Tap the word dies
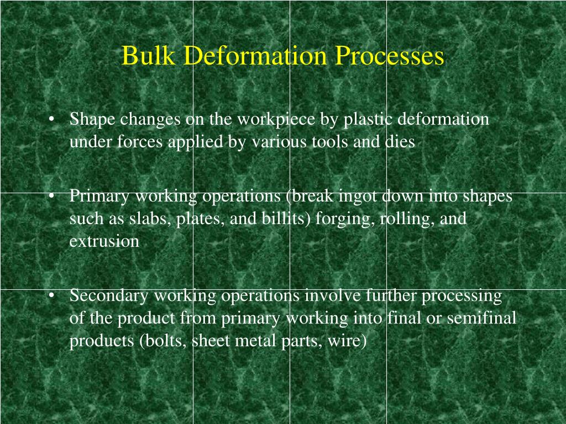(400, 142)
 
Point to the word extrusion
(104, 241)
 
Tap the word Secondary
(109, 296)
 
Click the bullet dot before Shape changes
(51, 120)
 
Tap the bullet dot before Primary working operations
(51, 197)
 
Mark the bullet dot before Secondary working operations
(51, 296)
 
